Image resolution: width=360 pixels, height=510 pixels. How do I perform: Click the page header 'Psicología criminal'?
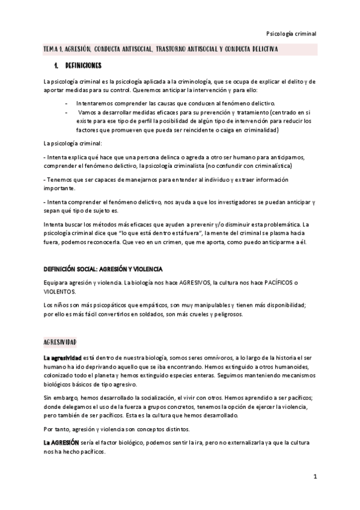coord(290,34)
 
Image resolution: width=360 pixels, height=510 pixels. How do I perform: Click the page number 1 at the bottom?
coord(314,476)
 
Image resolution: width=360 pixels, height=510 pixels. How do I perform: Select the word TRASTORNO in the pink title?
coord(180,48)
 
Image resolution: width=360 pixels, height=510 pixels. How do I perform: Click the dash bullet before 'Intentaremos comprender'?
coord(66,103)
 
